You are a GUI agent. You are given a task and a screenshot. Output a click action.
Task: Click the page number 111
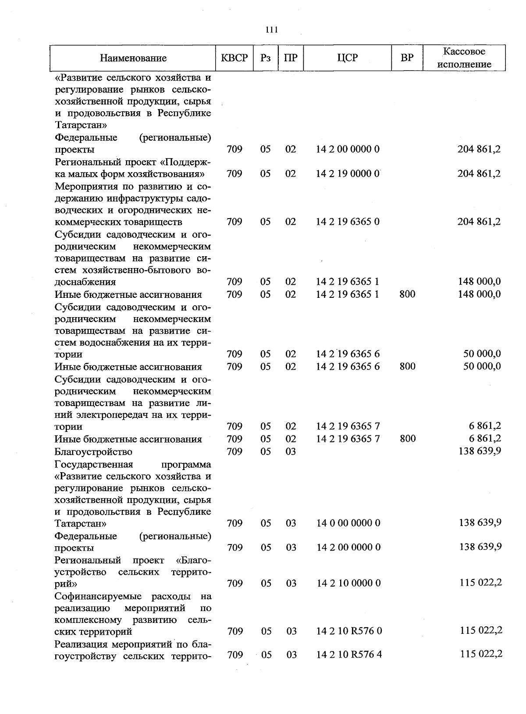tap(272, 30)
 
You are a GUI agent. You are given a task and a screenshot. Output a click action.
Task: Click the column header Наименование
tap(133, 58)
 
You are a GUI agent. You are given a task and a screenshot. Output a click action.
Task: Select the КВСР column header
tap(235, 58)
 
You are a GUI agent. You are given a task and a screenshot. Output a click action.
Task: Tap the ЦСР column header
tap(348, 58)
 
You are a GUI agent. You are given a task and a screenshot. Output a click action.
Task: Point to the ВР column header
tap(407, 58)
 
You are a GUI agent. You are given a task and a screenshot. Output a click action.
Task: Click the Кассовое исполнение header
tap(464, 58)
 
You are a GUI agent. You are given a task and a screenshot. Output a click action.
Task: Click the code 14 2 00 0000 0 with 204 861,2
tap(348, 149)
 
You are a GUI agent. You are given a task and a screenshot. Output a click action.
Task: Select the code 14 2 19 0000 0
tap(348, 173)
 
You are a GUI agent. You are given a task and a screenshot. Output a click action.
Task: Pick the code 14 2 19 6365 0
tap(348, 222)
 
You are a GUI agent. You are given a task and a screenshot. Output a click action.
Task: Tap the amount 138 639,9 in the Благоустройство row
tap(480, 451)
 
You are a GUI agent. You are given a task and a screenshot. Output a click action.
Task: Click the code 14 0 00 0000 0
tap(348, 523)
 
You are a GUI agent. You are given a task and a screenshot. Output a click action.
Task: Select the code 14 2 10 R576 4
tap(349, 654)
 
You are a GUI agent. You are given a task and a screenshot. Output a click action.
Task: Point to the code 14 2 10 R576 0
tap(349, 631)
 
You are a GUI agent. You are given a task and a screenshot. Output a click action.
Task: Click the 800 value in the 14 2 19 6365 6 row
tap(408, 367)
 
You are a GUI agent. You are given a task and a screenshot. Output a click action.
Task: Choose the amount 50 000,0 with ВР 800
tap(482, 366)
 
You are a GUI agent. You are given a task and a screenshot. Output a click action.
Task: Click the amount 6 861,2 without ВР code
tap(484, 426)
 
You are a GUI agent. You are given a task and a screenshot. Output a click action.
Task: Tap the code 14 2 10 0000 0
tap(348, 583)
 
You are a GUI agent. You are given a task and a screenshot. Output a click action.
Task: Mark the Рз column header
tap(265, 58)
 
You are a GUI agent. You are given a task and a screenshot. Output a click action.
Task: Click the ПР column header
tap(291, 58)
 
